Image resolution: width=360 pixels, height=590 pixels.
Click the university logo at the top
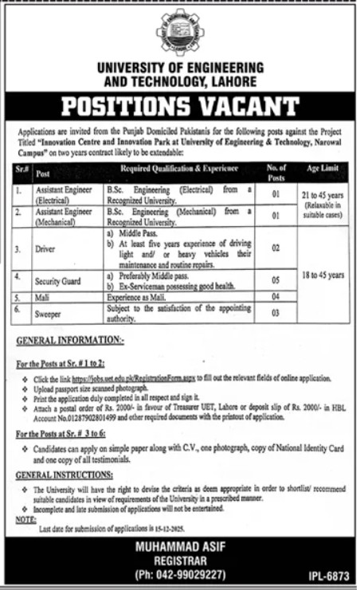click(179, 29)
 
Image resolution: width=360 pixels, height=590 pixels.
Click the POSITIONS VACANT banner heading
click(179, 107)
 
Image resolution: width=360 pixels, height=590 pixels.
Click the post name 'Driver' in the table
click(46, 249)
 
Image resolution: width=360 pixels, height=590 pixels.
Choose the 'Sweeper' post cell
click(49, 314)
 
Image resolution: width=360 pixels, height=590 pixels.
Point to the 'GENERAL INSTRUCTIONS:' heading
click(58, 473)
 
